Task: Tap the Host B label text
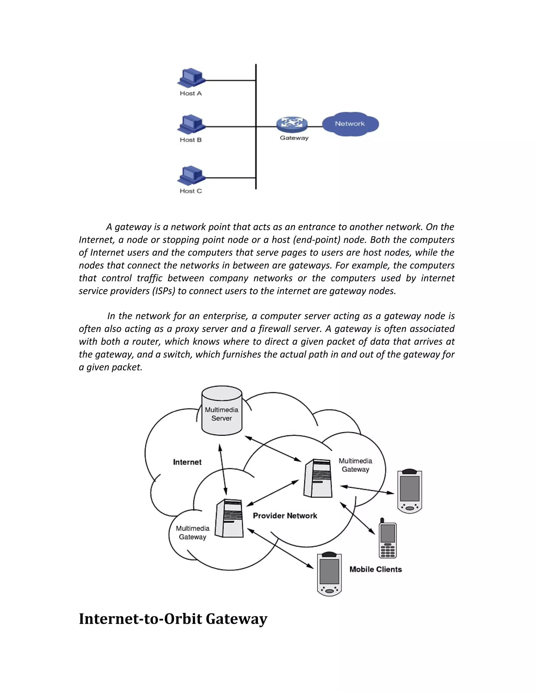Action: [x=190, y=140]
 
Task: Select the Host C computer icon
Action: [x=191, y=175]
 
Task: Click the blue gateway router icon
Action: [x=292, y=124]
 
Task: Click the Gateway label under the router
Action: [x=294, y=138]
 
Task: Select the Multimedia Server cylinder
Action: [x=222, y=411]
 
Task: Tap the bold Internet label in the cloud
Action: [x=187, y=462]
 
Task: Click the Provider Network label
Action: [x=285, y=516]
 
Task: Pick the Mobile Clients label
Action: [x=376, y=569]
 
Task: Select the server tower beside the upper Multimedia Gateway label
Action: [x=318, y=478]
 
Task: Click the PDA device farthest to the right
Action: [x=410, y=491]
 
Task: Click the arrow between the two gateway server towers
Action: [x=272, y=493]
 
